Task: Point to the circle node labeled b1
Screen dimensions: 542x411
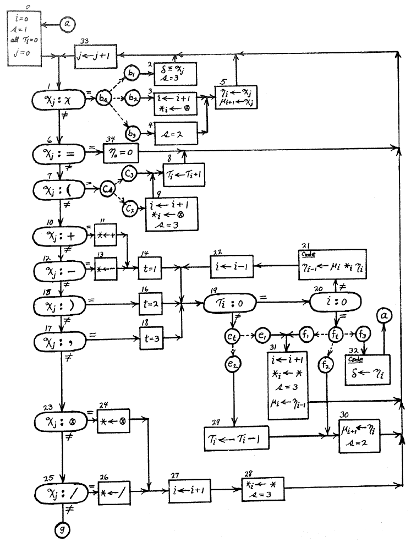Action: click(132, 74)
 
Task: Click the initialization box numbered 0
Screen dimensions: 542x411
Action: click(24, 36)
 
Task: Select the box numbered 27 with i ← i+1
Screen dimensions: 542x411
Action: click(190, 488)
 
